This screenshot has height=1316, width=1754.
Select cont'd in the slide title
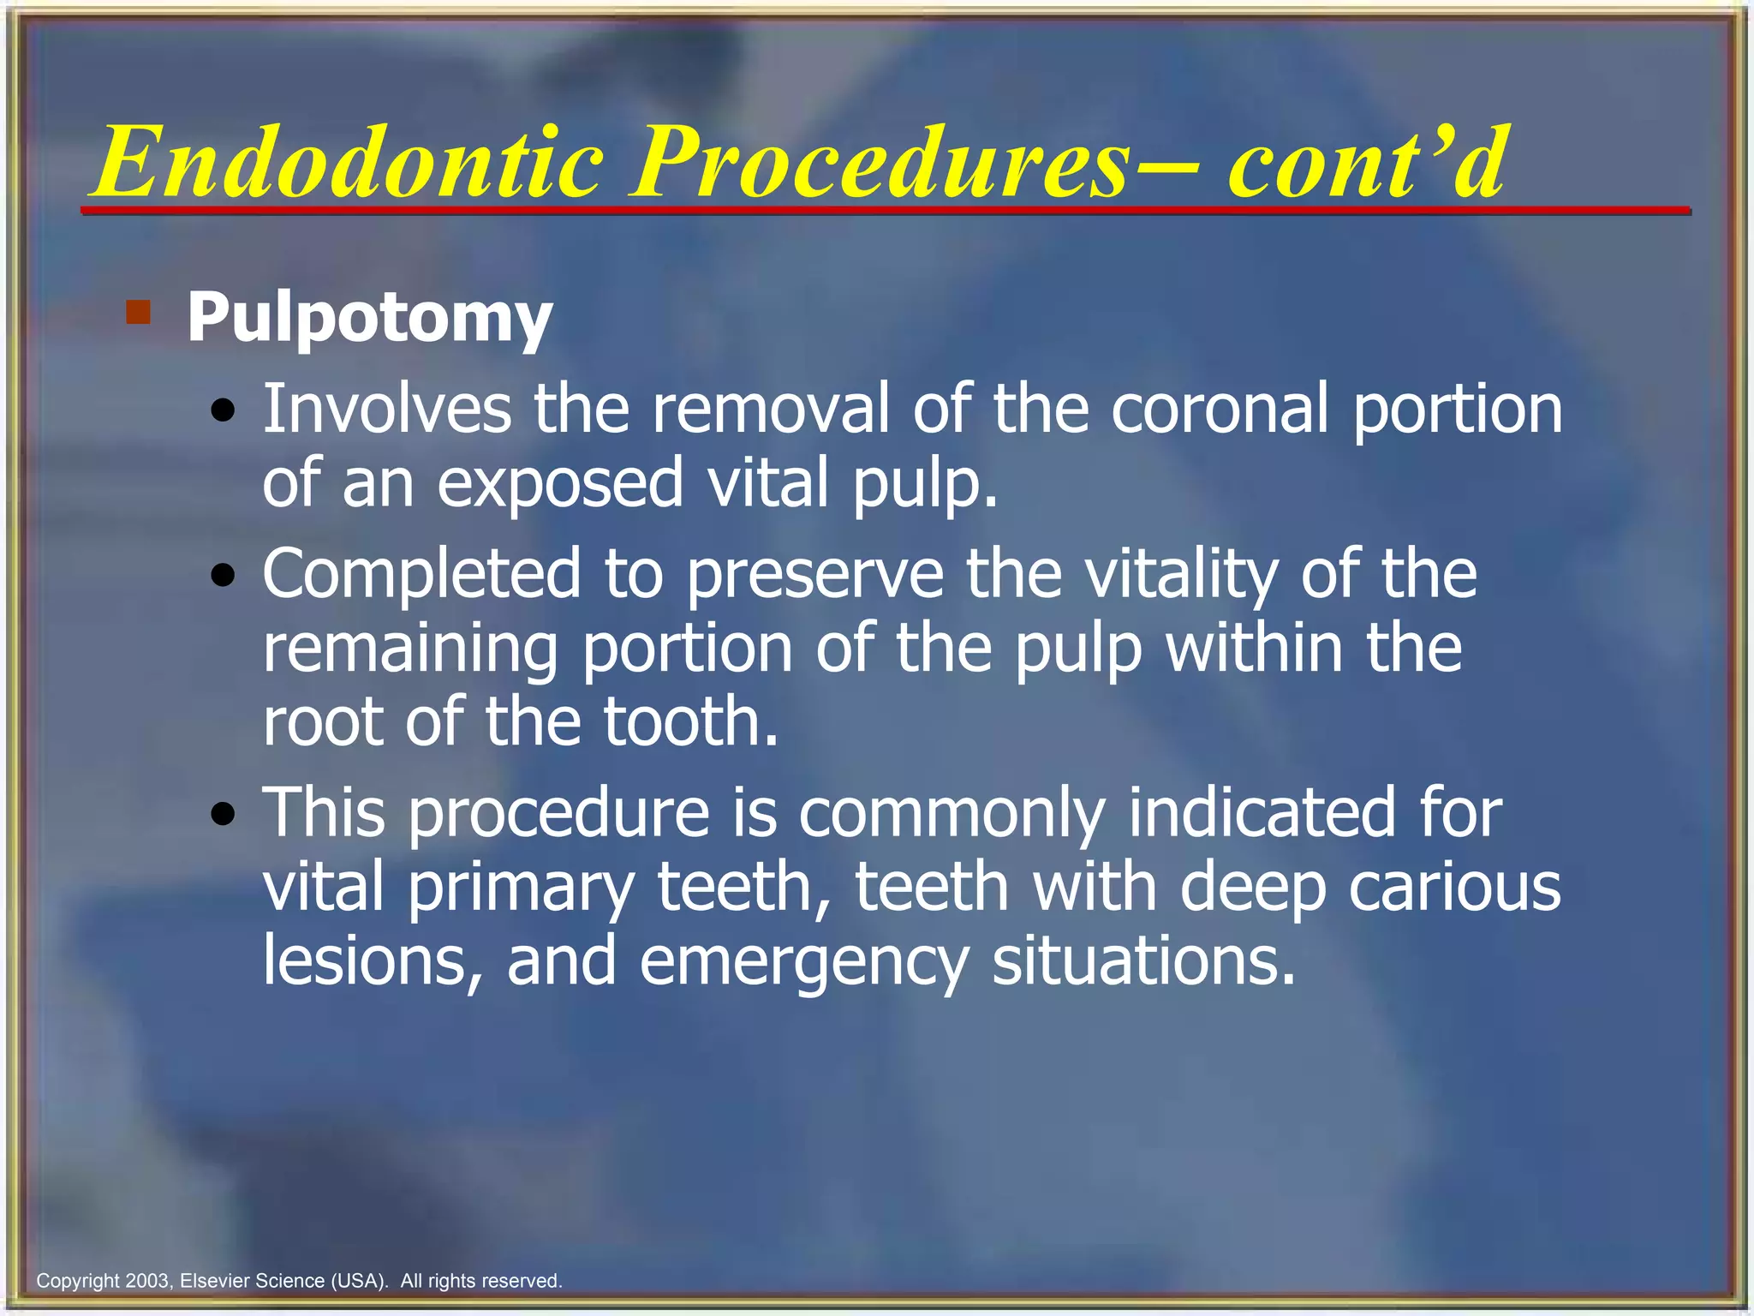1365,163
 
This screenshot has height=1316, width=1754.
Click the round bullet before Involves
224,412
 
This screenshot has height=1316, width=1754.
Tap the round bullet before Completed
224,577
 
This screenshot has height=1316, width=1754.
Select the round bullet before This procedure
224,814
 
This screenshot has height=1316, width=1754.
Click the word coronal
1221,410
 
